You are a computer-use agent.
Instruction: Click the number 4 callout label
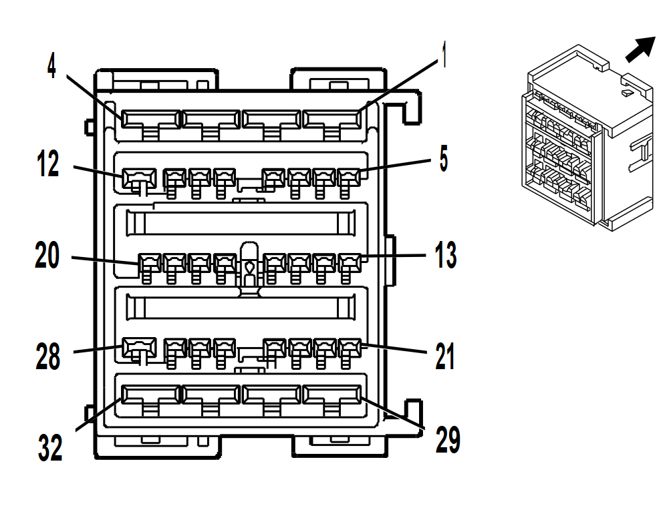[52, 65]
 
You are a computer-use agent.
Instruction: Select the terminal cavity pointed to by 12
[139, 178]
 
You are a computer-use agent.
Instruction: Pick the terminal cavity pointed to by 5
[349, 178]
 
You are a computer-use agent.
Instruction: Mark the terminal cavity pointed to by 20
[149, 262]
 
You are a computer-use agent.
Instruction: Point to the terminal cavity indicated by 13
[349, 262]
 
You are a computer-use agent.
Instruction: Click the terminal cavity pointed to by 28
[139, 347]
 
